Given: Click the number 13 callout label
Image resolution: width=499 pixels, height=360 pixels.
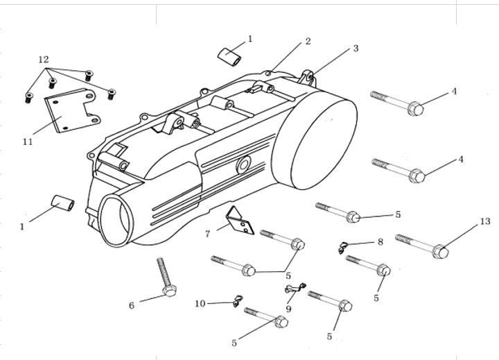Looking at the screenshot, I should coord(484,221).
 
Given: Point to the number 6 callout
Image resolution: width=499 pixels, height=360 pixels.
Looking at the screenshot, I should coord(132,305).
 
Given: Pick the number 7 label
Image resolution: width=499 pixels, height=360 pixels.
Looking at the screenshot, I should coord(207,234).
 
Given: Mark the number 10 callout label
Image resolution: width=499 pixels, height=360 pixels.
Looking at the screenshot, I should coord(200,304).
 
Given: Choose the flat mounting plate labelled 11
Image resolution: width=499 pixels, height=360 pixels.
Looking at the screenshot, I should coord(68,111).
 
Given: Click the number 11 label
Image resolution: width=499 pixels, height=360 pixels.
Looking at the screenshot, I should coord(28,142).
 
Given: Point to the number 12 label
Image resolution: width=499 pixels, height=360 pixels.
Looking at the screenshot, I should coord(43,60).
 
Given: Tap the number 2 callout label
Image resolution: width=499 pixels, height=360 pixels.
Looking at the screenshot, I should coord(308,42).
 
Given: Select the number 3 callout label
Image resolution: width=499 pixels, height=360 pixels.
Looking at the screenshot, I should coord(356,49).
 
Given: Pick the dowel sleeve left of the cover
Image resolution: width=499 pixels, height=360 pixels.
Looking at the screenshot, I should coord(64,204).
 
